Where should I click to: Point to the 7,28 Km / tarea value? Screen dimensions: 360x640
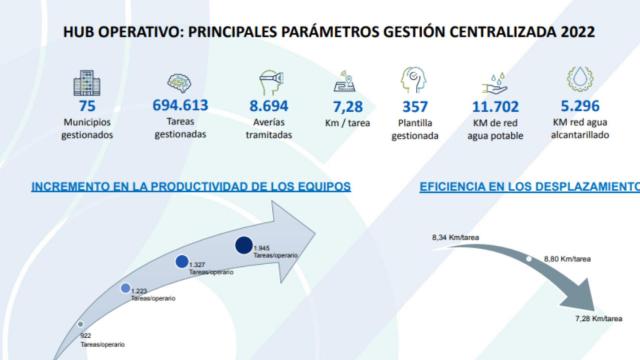pyautogui.click(x=350, y=105)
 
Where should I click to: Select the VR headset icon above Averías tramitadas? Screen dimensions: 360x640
pyautogui.click(x=267, y=79)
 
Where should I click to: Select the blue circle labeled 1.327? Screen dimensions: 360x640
pyautogui.click(x=183, y=262)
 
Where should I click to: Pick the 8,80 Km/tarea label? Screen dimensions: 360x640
pyautogui.click(x=560, y=258)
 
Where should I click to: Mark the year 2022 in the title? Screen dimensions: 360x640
pyautogui.click(x=574, y=32)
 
